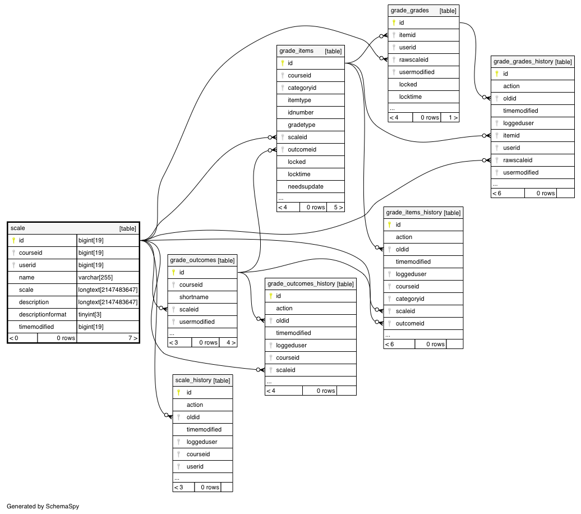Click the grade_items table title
[x=296, y=51]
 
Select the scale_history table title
[x=193, y=380]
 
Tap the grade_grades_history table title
[x=523, y=62]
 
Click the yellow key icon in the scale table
[x=13, y=240]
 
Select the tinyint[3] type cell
[x=90, y=314]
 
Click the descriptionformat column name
[x=43, y=314]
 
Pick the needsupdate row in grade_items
[x=311, y=186]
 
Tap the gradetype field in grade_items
[x=311, y=125]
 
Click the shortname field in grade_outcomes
[x=202, y=297]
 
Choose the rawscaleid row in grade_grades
[x=423, y=59]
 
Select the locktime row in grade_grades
[x=423, y=97]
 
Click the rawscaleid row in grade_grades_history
[x=532, y=160]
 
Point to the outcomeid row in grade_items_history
[x=423, y=323]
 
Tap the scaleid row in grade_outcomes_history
[x=311, y=370]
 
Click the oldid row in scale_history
[x=202, y=417]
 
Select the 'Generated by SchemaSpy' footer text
[x=43, y=507]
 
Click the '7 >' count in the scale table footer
[x=133, y=338]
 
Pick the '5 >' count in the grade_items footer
[x=338, y=207]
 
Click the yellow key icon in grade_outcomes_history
[x=271, y=296]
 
